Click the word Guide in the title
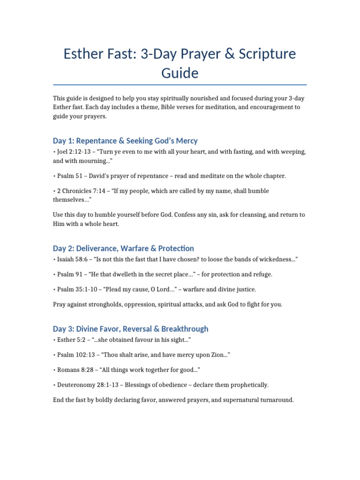click(180, 73)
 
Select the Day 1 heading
click(125, 141)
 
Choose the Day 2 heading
click(123, 248)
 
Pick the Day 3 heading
click(131, 329)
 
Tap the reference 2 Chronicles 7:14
click(83, 191)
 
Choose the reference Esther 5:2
click(74, 340)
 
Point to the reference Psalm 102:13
click(76, 355)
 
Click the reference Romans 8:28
click(75, 370)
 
